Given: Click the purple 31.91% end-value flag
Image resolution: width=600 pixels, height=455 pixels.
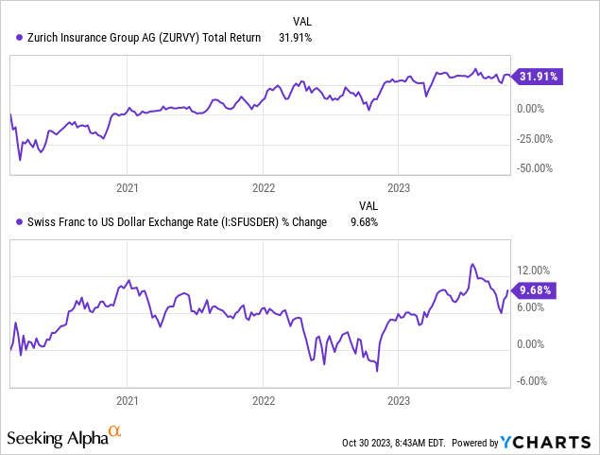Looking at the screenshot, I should point(534,77).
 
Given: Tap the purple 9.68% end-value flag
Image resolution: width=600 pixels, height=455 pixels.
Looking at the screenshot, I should point(534,291).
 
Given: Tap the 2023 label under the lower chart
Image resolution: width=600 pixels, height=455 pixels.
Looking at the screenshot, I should point(400,400).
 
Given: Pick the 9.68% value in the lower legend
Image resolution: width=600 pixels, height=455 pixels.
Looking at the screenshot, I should point(369,222).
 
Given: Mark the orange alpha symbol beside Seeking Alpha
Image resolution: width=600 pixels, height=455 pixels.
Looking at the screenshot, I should point(115,432).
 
